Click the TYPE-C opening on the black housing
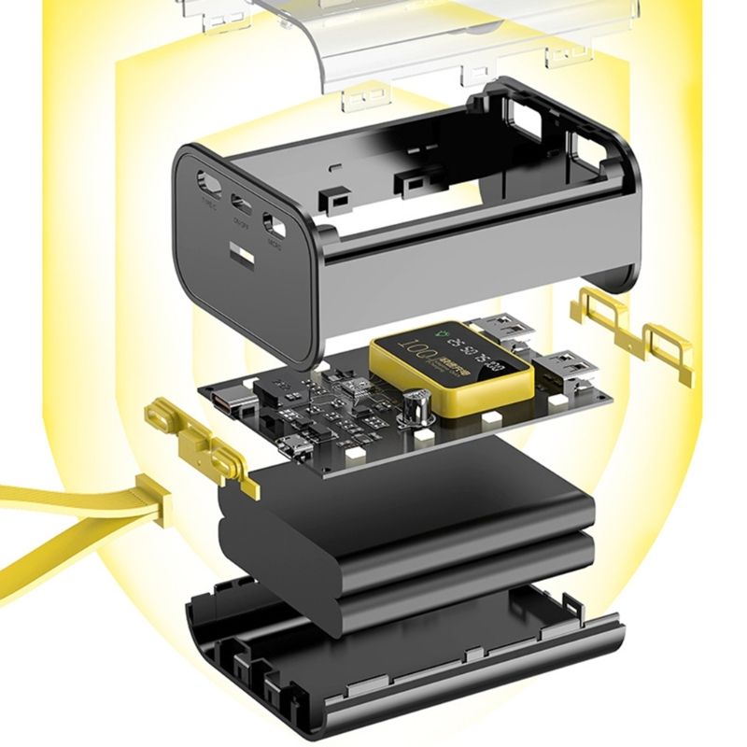coord(207,178)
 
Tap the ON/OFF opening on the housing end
coord(241,202)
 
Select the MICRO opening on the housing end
coord(275,225)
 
